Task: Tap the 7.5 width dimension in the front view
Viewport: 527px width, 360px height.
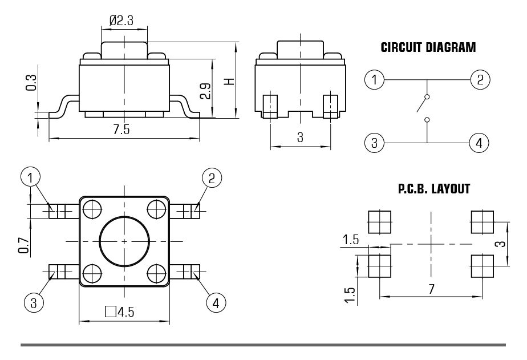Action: [121, 130]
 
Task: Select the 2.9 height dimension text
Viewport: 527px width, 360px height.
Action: [205, 91]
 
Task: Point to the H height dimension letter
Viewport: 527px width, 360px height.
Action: [229, 81]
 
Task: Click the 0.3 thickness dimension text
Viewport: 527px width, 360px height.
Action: [31, 82]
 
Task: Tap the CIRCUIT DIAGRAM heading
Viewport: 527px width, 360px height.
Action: [428, 47]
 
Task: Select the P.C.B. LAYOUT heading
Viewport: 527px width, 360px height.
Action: [434, 189]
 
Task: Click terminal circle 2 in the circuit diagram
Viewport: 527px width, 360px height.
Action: [480, 79]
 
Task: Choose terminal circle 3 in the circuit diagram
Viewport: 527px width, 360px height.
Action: [374, 142]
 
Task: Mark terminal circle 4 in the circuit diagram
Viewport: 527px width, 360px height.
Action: [480, 142]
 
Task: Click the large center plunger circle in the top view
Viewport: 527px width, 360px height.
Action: [124, 241]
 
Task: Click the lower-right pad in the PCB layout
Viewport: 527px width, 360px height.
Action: [482, 265]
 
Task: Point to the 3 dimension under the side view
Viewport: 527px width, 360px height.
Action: [299, 137]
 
